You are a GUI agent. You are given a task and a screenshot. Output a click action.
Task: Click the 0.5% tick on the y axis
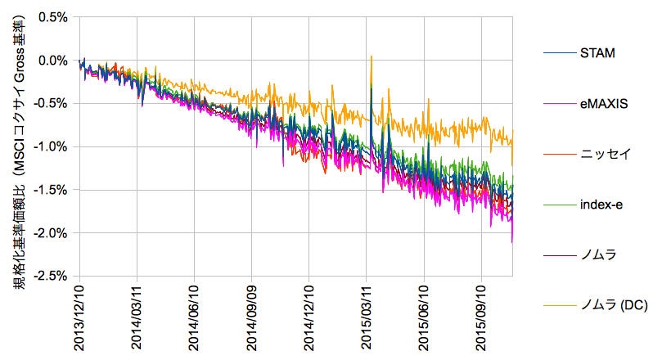[x=51, y=17]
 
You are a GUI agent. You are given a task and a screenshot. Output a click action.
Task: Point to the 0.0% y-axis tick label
[x=51, y=61]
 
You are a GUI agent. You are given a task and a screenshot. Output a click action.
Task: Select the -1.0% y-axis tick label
[x=49, y=146]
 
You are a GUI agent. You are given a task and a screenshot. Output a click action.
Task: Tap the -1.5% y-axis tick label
[x=49, y=190]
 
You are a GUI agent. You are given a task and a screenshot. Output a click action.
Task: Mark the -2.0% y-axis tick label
[x=49, y=233]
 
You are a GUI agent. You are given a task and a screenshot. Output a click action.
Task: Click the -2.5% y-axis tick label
[x=49, y=277]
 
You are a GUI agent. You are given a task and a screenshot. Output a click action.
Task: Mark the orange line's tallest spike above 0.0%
[x=372, y=57]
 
